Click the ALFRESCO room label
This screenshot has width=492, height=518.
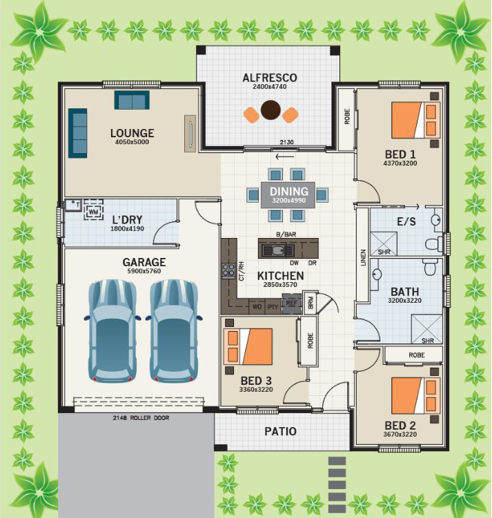click(x=270, y=78)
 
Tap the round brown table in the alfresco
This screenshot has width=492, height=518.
click(x=270, y=110)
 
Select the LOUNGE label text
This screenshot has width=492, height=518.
click(x=132, y=133)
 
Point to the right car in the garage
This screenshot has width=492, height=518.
click(x=175, y=330)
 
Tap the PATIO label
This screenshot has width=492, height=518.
click(x=281, y=432)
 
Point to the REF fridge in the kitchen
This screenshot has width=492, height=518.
click(x=291, y=303)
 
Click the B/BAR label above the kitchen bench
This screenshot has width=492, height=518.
click(x=286, y=235)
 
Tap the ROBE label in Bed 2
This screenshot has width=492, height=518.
click(x=416, y=355)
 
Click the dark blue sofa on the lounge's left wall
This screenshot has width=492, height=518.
click(x=78, y=132)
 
